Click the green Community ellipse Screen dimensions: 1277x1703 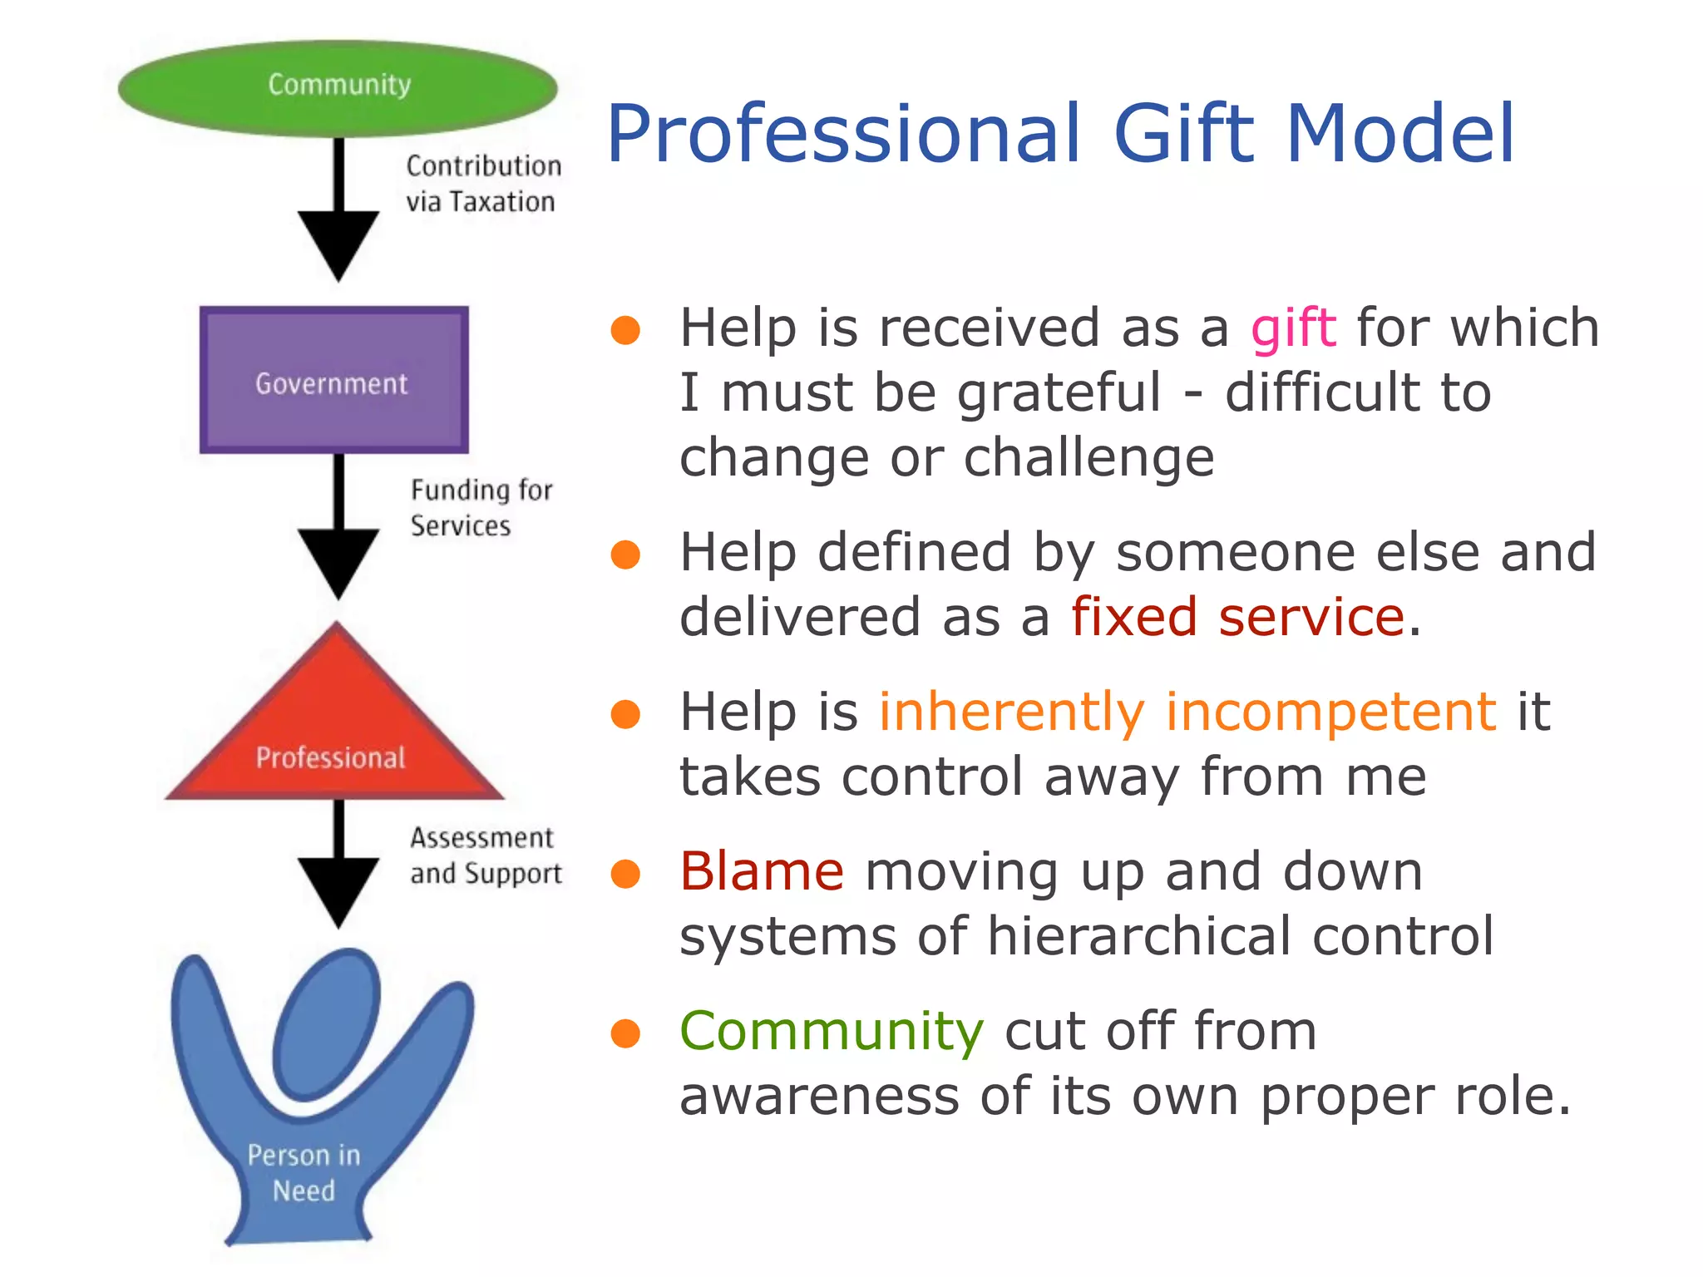click(337, 86)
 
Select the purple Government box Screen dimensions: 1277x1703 click(333, 381)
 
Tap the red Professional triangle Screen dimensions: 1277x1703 click(335, 732)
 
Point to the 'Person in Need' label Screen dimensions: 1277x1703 click(304, 1172)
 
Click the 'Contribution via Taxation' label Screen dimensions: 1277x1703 click(483, 184)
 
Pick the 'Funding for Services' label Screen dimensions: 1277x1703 click(481, 508)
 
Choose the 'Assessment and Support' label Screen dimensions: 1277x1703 click(486, 855)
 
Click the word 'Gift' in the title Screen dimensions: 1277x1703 click(1183, 134)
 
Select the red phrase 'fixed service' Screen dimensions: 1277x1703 click(1237, 618)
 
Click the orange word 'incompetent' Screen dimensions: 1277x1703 click(1330, 712)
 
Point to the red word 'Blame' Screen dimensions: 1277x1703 click(762, 872)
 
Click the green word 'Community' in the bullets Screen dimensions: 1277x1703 click(832, 1032)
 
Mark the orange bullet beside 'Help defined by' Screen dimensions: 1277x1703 click(625, 555)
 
